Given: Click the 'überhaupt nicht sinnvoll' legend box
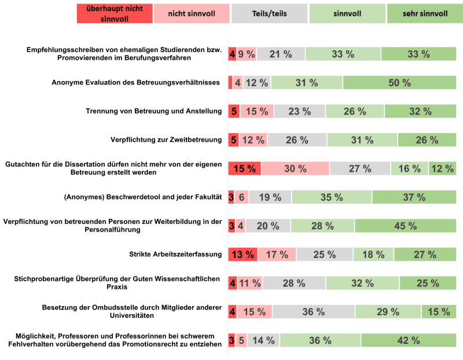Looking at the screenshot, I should (x=115, y=13).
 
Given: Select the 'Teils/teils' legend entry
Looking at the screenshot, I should (x=269, y=13).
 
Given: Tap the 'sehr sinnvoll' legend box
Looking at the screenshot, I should (x=424, y=13).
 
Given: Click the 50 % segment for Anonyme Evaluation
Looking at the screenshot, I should (x=399, y=83).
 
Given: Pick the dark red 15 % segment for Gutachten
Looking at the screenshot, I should (x=244, y=168).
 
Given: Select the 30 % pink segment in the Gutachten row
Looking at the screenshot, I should (x=295, y=168).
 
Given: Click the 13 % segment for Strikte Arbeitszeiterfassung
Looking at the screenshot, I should (x=242, y=254).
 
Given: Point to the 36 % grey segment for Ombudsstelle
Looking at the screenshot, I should (x=313, y=311).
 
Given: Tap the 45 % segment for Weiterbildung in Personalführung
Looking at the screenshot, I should (x=406, y=226).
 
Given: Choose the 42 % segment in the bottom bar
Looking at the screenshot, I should (x=409, y=340).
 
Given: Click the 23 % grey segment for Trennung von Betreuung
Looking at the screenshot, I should (x=300, y=111).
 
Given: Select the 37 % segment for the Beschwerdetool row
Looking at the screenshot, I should (x=414, y=197).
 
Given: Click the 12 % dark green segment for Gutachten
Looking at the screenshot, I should (x=443, y=168).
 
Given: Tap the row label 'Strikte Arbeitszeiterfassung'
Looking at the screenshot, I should (x=175, y=254).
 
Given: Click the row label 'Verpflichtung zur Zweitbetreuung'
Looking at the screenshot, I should (x=166, y=139).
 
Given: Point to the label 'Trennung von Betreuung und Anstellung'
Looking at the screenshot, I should (x=154, y=111).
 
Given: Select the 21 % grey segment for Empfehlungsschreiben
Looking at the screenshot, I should (x=281, y=54).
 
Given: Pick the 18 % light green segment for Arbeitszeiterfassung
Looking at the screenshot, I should (x=373, y=254).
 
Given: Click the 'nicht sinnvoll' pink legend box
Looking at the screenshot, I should (x=192, y=13).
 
